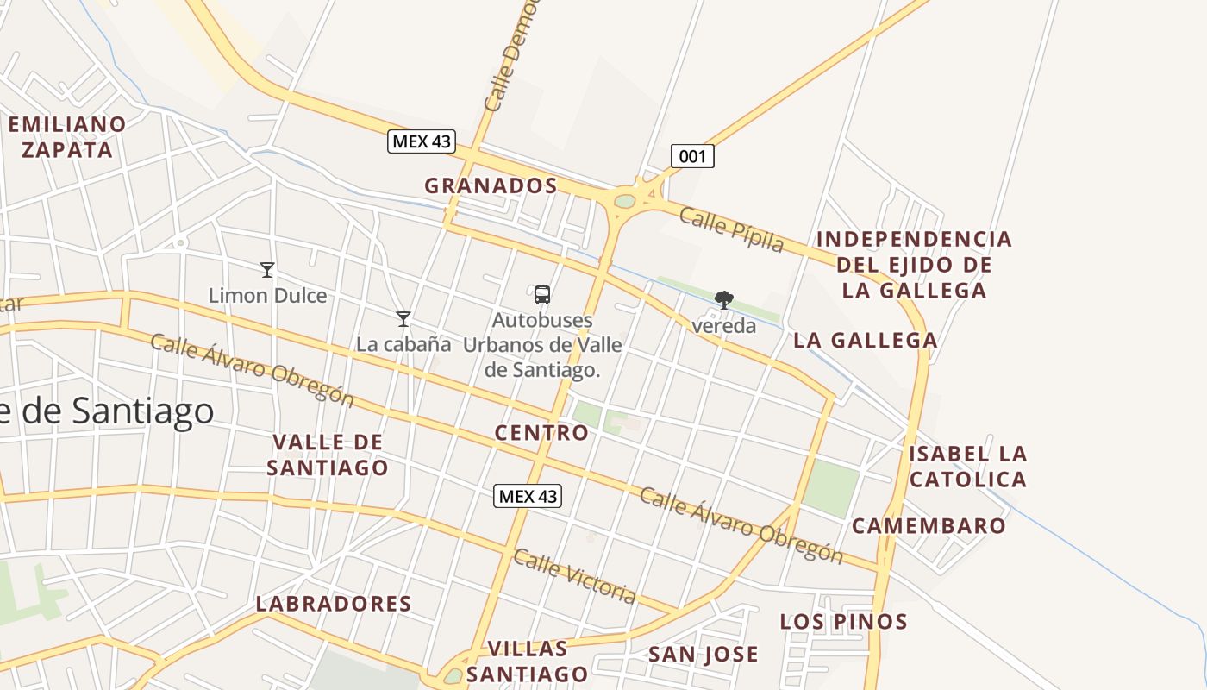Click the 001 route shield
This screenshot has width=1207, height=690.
pyautogui.click(x=692, y=156)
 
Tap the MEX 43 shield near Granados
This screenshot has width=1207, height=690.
pyautogui.click(x=421, y=141)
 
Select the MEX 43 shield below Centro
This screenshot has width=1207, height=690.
pyautogui.click(x=528, y=496)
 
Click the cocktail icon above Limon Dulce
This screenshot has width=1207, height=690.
pyautogui.click(x=267, y=270)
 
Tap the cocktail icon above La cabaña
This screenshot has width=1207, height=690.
pyautogui.click(x=403, y=319)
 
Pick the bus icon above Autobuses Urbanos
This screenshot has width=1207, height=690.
pyautogui.click(x=541, y=295)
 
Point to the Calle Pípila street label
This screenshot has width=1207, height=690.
pyautogui.click(x=732, y=229)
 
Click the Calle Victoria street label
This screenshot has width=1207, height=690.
pyautogui.click(x=575, y=575)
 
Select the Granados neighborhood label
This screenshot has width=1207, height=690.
pyautogui.click(x=491, y=185)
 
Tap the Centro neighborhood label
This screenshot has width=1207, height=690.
pyautogui.click(x=541, y=433)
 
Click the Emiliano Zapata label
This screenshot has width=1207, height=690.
pyautogui.click(x=67, y=136)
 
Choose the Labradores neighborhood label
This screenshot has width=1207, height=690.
pyautogui.click(x=334, y=604)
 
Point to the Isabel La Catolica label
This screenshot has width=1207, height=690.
pyautogui.click(x=968, y=466)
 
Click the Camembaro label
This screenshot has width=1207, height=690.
pyautogui.click(x=929, y=525)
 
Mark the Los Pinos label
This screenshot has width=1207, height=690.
pyautogui.click(x=844, y=621)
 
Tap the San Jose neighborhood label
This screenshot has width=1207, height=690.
pyautogui.click(x=703, y=655)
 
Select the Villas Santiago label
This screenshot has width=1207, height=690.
pyautogui.click(x=528, y=661)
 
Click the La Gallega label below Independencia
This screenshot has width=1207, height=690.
pyautogui.click(x=865, y=340)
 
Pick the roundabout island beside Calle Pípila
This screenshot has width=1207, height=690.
pyautogui.click(x=625, y=202)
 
